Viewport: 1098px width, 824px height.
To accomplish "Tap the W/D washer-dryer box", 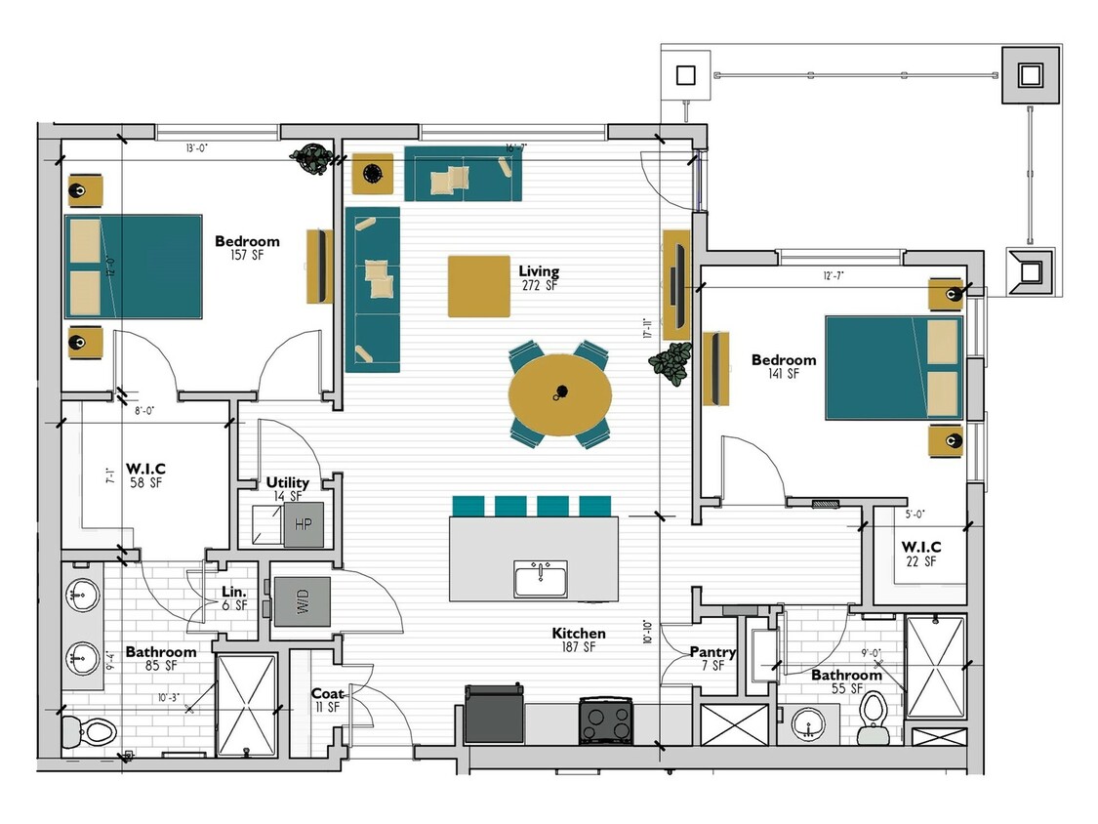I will click(302, 601).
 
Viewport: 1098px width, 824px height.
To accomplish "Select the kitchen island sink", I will click(541, 578).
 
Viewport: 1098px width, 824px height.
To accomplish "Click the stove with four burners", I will click(605, 721).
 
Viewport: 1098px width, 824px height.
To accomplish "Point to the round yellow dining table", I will click(560, 394).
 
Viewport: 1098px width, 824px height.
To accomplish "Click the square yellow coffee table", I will click(478, 286).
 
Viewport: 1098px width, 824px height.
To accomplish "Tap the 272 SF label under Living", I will click(539, 286).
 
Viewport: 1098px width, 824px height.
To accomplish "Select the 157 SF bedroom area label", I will click(247, 256).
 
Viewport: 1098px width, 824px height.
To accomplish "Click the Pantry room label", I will click(712, 652).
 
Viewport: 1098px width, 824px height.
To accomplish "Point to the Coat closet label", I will click(327, 694).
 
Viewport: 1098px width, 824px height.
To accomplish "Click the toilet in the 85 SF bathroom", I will click(91, 730).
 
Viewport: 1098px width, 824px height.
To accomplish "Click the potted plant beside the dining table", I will click(670, 363).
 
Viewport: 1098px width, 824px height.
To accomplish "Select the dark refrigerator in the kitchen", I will click(494, 715).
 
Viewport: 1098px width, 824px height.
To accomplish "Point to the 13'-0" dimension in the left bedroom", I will click(196, 148).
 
